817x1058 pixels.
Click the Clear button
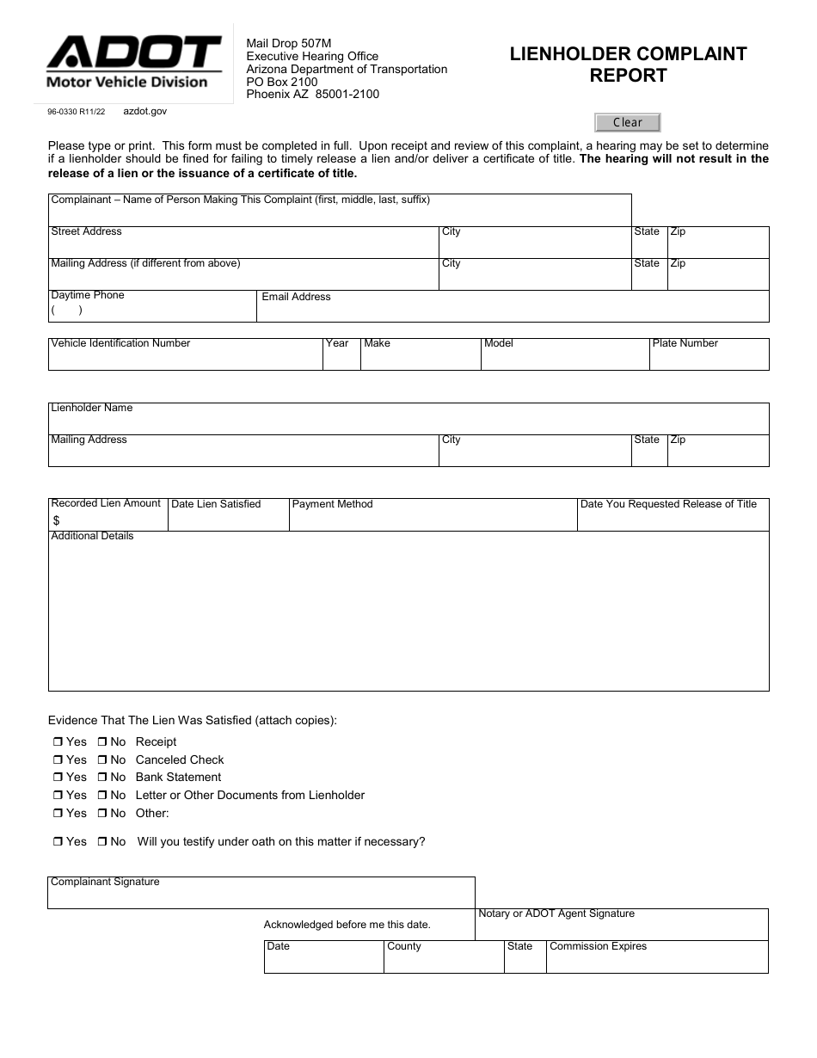(x=627, y=122)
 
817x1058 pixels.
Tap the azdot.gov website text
(x=145, y=111)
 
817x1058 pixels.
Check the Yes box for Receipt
(x=58, y=742)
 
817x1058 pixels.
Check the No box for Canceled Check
(x=101, y=760)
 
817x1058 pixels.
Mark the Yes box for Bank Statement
(x=58, y=778)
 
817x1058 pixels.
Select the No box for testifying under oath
(x=101, y=842)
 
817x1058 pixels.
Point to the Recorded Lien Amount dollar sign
(x=57, y=520)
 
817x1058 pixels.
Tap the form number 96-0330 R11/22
(x=77, y=112)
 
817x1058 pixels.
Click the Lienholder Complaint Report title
(x=628, y=65)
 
